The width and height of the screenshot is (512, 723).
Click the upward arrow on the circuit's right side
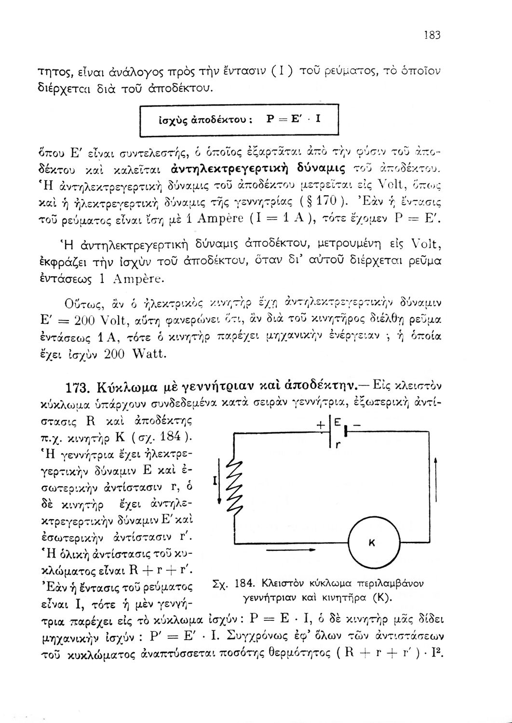click(x=436, y=482)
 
